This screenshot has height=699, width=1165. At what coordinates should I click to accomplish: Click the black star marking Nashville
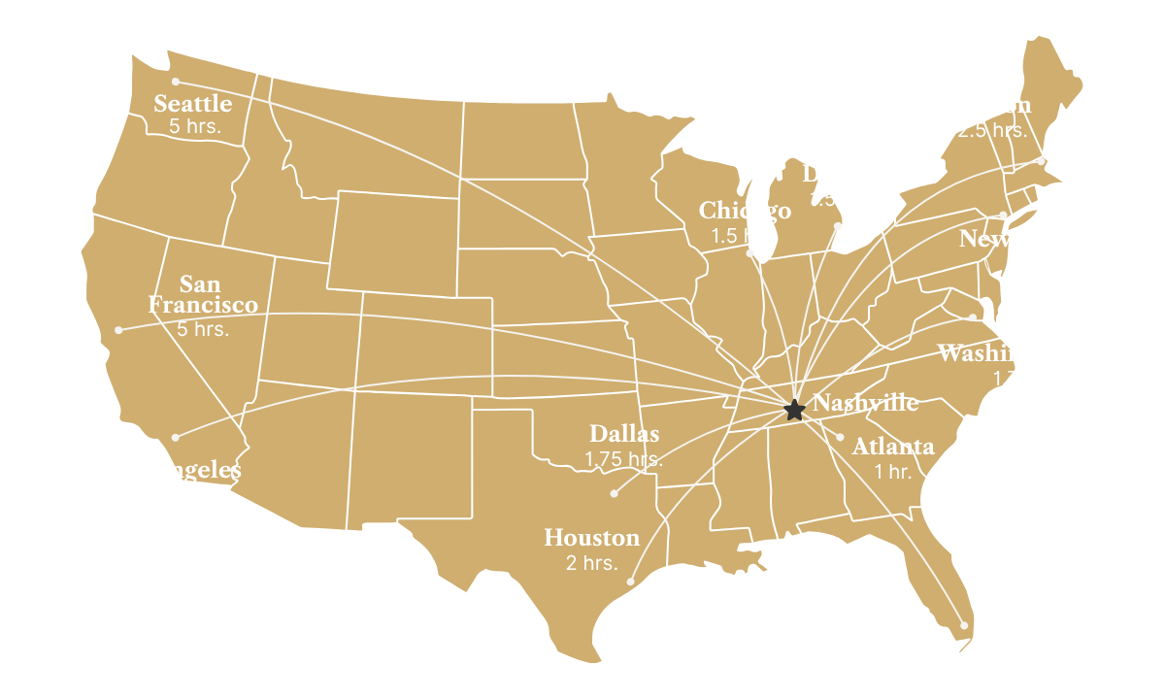793,410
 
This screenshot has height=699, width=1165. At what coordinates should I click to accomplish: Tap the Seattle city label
193,104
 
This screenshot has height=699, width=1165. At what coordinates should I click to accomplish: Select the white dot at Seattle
176,81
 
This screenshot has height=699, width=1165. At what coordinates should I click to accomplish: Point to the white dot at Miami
964,625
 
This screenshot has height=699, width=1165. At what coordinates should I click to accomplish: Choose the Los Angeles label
175,471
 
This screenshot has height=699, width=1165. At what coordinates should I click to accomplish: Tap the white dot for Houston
631,582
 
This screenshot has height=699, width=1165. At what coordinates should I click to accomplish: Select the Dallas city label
624,434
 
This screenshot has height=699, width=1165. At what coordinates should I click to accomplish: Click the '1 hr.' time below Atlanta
893,471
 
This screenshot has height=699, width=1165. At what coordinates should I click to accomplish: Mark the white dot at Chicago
749,252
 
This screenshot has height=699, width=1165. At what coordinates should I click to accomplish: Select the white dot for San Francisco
119,330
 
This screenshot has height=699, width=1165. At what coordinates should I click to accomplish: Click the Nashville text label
865,403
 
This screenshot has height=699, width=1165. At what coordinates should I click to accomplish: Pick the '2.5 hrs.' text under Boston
991,129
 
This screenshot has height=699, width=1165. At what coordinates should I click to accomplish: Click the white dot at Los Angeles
176,437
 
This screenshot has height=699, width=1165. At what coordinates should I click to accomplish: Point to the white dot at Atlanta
840,437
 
